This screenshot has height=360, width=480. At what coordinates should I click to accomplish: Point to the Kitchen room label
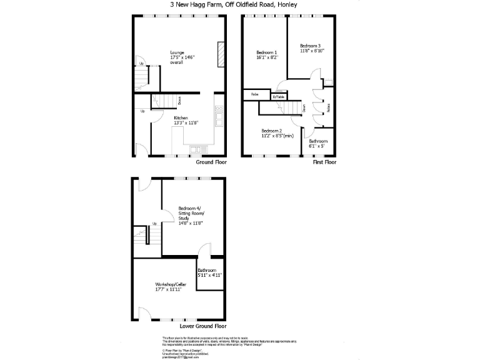(181, 117)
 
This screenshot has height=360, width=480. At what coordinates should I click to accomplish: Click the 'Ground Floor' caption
(211, 162)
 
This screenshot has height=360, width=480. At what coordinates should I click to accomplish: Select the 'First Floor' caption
(324, 162)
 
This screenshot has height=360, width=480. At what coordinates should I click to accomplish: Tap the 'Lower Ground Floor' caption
(202, 326)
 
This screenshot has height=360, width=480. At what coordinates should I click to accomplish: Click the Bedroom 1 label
(267, 52)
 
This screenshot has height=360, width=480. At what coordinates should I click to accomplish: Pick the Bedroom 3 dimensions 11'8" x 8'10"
(311, 51)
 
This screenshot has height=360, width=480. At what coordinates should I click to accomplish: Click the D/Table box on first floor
(278, 96)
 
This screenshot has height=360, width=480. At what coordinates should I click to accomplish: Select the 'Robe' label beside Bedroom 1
(255, 94)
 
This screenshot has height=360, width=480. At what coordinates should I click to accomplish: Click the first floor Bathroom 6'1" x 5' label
(317, 143)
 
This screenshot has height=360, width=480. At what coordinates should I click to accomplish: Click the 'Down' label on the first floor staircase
(303, 107)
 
